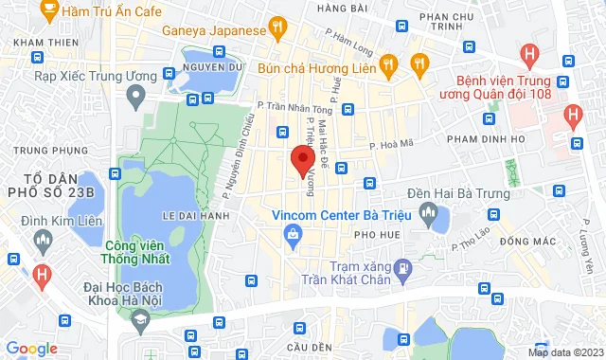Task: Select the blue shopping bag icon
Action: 294,233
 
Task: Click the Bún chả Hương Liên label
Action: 323,64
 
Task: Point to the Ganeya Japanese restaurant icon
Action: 277,29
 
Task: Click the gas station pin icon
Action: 401,268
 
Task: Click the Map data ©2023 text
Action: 564,352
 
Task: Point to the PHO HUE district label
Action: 372,233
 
